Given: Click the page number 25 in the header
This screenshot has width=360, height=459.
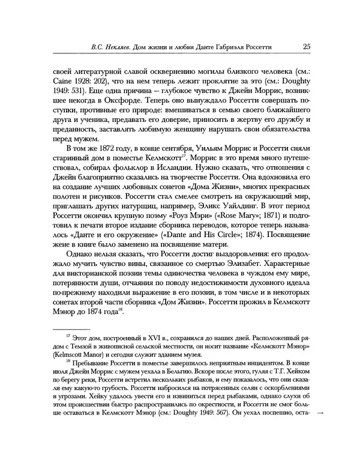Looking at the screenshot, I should (x=306, y=46).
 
